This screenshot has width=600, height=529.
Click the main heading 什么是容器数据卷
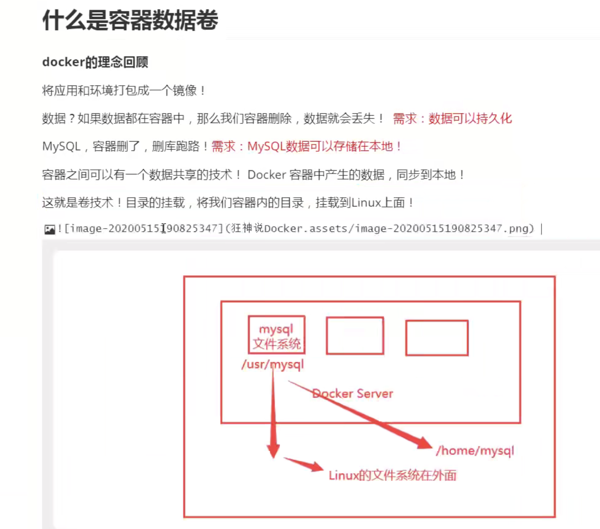pyautogui.click(x=130, y=20)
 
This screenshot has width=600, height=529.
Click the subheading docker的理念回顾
pyautogui.click(x=95, y=62)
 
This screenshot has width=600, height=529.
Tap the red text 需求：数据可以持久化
pyautogui.click(x=452, y=118)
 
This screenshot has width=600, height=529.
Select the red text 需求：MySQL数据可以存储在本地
pyautogui.click(x=306, y=146)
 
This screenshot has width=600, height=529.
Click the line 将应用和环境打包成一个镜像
pyautogui.click(x=124, y=90)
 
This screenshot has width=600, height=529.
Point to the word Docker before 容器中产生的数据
pyautogui.click(x=267, y=174)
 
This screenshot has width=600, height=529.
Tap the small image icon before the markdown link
pyautogui.click(x=50, y=229)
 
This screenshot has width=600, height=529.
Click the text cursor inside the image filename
pyautogui.click(x=163, y=228)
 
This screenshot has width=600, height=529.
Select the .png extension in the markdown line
pyautogui.click(x=515, y=228)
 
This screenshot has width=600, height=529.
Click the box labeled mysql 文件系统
pyautogui.click(x=277, y=335)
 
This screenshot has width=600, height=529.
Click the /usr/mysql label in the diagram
pyautogui.click(x=273, y=364)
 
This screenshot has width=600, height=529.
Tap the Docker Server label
pyautogui.click(x=352, y=394)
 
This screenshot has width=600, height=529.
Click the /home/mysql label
pyautogui.click(x=475, y=451)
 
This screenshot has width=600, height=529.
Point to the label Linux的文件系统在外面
pyautogui.click(x=392, y=476)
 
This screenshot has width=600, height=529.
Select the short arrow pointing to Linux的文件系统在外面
pyautogui.click(x=304, y=464)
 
